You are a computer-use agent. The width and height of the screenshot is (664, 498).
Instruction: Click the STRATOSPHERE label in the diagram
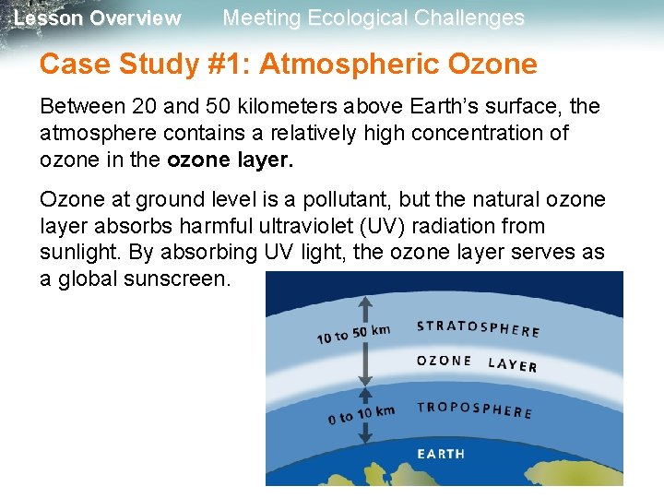pos(478,328)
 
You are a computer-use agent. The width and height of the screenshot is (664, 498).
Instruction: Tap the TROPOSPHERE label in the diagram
pos(474,409)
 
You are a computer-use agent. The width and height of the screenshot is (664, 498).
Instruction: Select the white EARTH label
pos(441,454)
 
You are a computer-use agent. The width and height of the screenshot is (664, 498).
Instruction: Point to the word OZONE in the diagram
pos(445,361)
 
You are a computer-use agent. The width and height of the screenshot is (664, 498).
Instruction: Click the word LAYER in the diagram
pos(512,365)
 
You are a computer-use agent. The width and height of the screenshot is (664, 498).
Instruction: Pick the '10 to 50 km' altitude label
pos(353,334)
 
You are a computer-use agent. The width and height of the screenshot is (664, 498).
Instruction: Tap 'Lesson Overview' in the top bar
pos(98,18)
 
